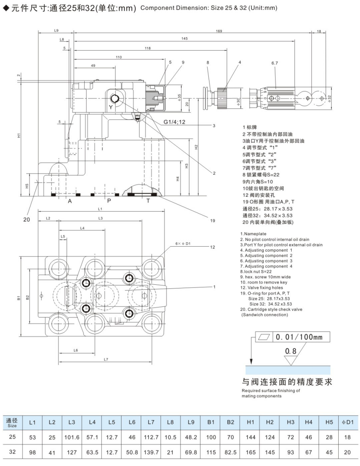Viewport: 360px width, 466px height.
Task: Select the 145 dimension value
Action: (184, 39)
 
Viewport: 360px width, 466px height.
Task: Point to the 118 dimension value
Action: (148, 48)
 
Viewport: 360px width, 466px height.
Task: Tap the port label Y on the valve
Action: (111, 107)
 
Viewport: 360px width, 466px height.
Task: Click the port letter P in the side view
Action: (109, 201)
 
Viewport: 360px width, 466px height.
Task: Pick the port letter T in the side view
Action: (148, 201)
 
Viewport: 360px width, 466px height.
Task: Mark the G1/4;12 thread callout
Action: (175, 122)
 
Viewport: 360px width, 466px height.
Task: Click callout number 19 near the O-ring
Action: (213, 221)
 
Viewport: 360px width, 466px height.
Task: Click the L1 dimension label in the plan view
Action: (100, 209)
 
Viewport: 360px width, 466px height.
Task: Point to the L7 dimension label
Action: (106, 359)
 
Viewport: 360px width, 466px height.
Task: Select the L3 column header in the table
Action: (72, 422)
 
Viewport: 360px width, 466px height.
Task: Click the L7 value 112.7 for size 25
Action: (151, 437)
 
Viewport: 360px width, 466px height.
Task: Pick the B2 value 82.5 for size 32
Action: (231, 452)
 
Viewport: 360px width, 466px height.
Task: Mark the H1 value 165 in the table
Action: (251, 452)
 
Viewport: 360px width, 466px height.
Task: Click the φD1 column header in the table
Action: (347, 422)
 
